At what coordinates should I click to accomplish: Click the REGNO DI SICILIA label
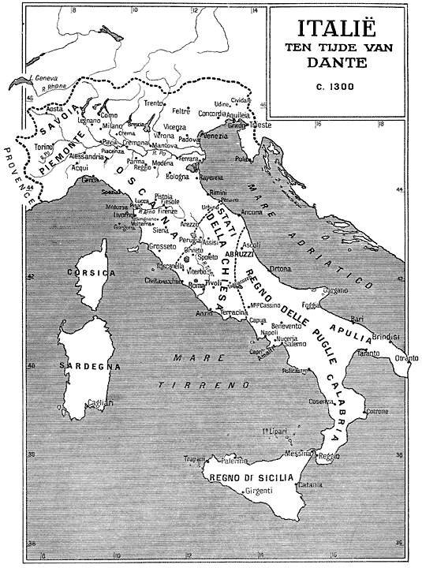pos(251,479)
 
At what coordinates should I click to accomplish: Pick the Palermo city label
pos(235,461)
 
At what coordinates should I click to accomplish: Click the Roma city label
pos(196,286)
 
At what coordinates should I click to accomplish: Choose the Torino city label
pos(43,148)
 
